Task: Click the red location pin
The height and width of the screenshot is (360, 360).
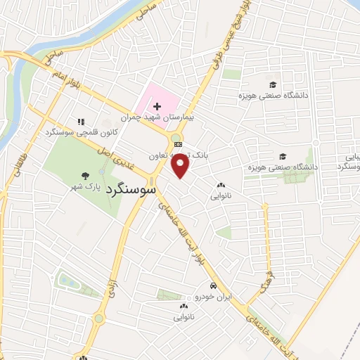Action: (x=181, y=165)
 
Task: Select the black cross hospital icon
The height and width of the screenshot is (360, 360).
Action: (x=157, y=105)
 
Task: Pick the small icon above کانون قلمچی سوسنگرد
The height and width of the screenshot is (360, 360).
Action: (x=80, y=121)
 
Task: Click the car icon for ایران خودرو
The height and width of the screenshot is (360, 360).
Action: (x=212, y=286)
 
